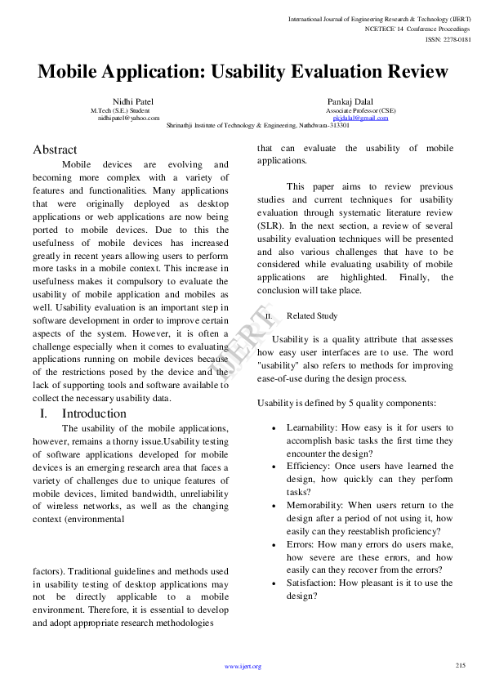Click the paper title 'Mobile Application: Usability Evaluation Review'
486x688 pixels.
pyautogui.click(x=243, y=72)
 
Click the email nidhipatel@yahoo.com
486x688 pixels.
pyautogui.click(x=129, y=118)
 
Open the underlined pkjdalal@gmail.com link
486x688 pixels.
pyautogui.click(x=360, y=118)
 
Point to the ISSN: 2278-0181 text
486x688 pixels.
pyautogui.click(x=448, y=38)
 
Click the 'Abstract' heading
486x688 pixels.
pyautogui.click(x=55, y=150)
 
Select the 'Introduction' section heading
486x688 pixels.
pyautogui.click(x=94, y=413)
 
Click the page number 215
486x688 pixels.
pyautogui.click(x=460, y=665)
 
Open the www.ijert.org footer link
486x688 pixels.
pyautogui.click(x=243, y=667)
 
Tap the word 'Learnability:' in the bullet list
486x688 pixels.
pyautogui.click(x=311, y=427)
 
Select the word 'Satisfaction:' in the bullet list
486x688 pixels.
pyautogui.click(x=311, y=583)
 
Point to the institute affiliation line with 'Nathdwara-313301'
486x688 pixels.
pyautogui.click(x=258, y=126)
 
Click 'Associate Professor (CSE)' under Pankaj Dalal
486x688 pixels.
pyautogui.click(x=360, y=109)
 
